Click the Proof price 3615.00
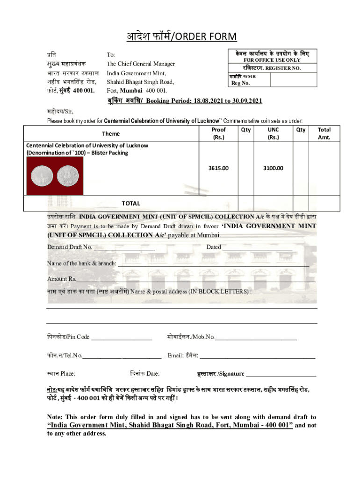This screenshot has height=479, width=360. coord(219,168)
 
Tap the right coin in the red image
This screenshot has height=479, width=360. coord(68,176)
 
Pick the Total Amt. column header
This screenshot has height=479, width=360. coord(324,133)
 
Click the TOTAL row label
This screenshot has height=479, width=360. coord(131,203)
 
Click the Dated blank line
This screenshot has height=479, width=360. coord(257,247)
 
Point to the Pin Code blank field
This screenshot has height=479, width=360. coord(122,337)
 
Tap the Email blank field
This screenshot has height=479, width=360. coord(257,356)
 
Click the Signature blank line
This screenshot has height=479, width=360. coord(281,374)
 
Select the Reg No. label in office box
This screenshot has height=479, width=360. coord(241,84)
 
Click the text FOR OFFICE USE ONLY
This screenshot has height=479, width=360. coord(273,60)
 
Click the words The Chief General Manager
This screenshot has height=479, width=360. coord(141,64)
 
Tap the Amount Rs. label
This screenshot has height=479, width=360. coord(61,279)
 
